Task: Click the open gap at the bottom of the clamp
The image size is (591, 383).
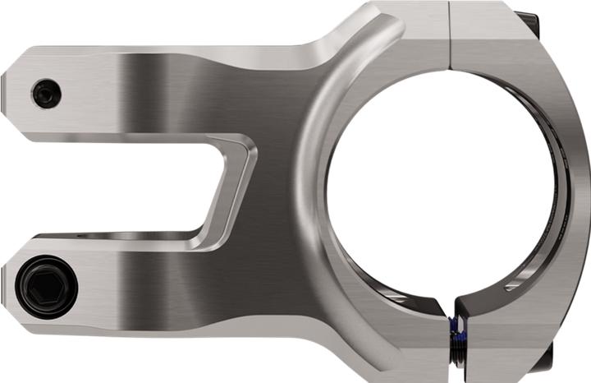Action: pos(450,310)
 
